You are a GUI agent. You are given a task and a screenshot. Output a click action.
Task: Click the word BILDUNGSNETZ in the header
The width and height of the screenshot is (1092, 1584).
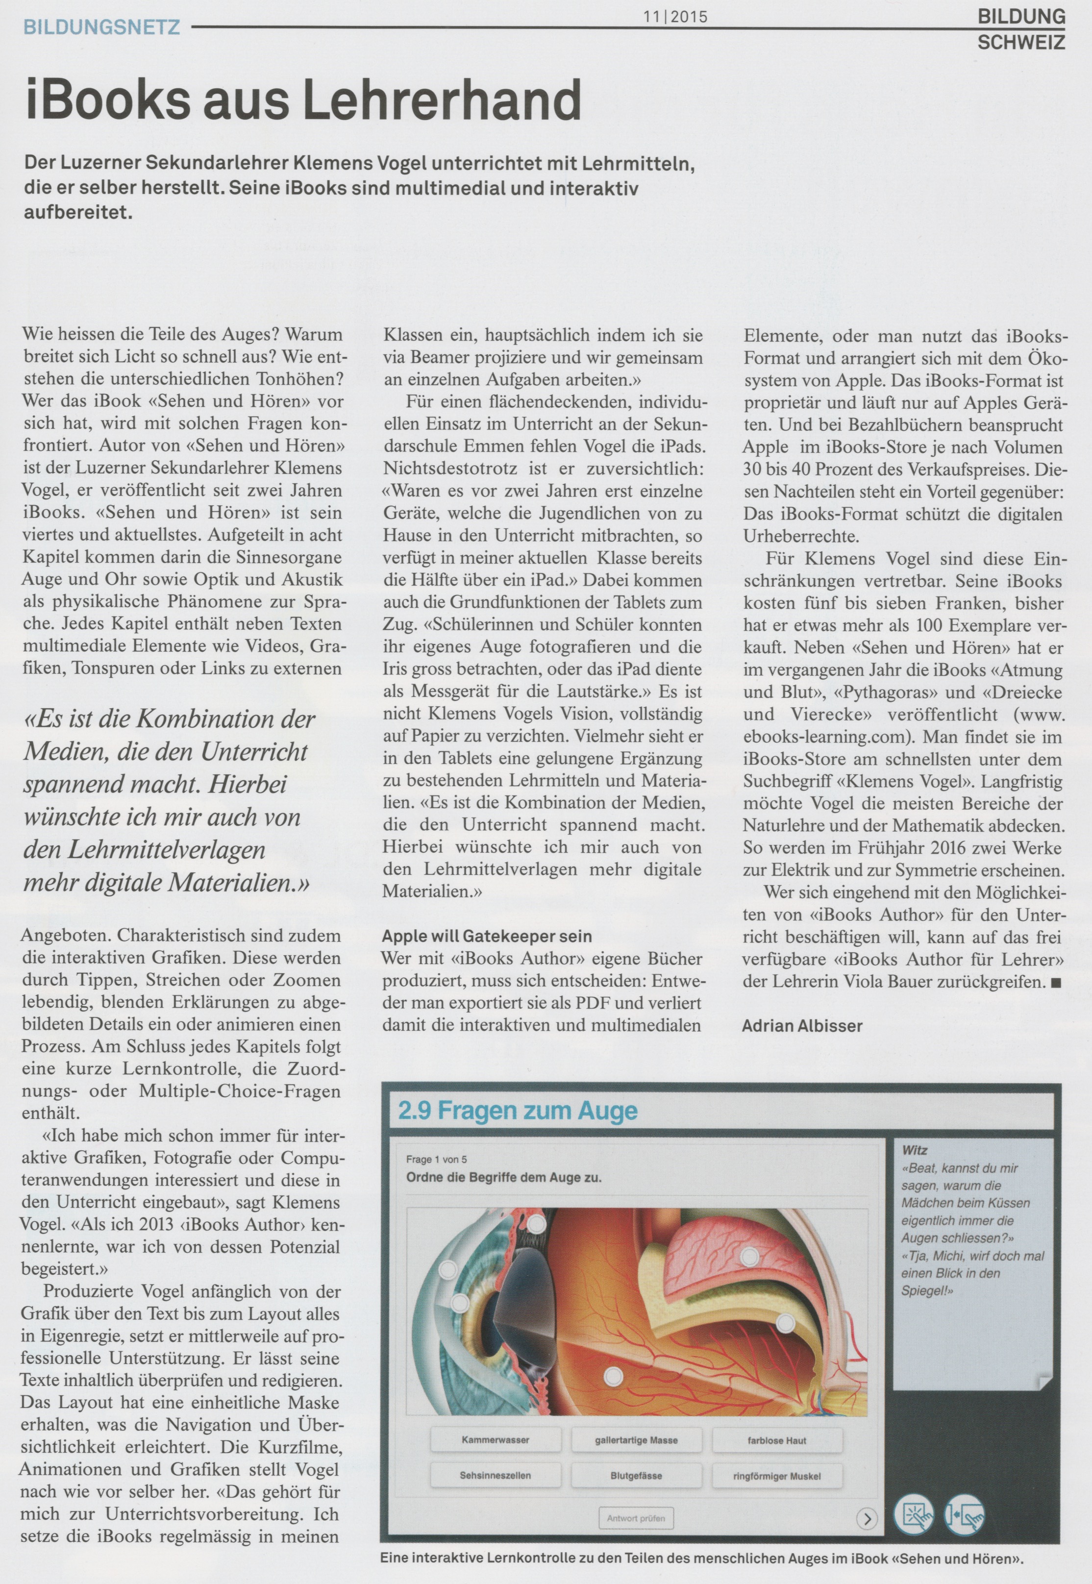[x=101, y=27]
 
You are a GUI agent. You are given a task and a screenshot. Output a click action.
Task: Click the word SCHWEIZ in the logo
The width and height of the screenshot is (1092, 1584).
[x=1021, y=43]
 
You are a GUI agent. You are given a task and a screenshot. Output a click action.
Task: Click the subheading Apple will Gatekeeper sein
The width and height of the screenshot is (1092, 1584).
[x=487, y=936]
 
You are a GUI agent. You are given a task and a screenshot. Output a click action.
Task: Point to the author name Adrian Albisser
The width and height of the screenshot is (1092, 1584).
[x=802, y=1026]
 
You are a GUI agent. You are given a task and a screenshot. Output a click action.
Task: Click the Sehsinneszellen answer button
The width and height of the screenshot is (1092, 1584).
[x=496, y=1476]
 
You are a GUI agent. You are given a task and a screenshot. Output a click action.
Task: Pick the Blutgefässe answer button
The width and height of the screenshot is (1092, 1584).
[x=636, y=1476]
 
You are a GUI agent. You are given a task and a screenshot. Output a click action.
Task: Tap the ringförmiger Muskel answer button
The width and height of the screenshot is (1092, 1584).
[x=776, y=1476]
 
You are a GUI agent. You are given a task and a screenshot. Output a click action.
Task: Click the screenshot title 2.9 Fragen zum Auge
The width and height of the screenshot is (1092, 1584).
[x=518, y=1111]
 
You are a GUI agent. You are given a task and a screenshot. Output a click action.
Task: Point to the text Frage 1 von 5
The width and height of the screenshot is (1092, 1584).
[x=437, y=1159]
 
